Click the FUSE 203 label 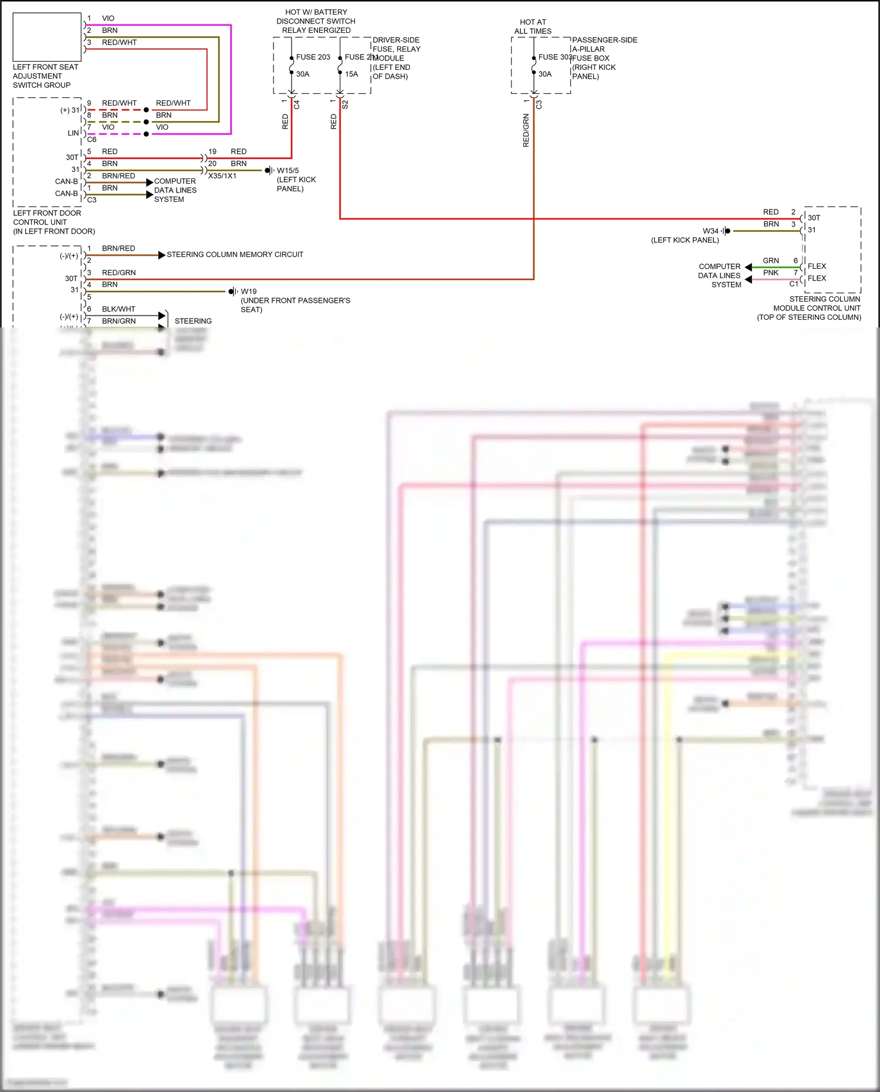pyautogui.click(x=313, y=57)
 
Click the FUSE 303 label pyautogui.click(x=555, y=57)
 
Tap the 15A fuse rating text pyautogui.click(x=351, y=74)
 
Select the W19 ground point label pyautogui.click(x=248, y=291)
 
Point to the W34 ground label pyautogui.click(x=710, y=231)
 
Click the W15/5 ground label pyautogui.click(x=287, y=170)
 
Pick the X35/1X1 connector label pyautogui.click(x=222, y=176)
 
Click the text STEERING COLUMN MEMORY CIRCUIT pyautogui.click(x=235, y=254)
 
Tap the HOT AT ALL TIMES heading pyautogui.click(x=533, y=26)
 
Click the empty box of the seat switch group pyautogui.click(x=47, y=37)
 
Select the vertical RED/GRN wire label pyautogui.click(x=526, y=130)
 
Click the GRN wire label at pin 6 pyautogui.click(x=770, y=261)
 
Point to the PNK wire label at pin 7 pyautogui.click(x=770, y=272)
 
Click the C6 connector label pyautogui.click(x=92, y=140)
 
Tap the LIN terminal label pyautogui.click(x=73, y=133)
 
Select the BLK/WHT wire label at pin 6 pyautogui.click(x=119, y=309)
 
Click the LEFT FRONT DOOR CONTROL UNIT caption pyautogui.click(x=53, y=222)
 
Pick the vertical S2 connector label pyautogui.click(x=345, y=104)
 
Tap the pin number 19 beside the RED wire pyautogui.click(x=212, y=151)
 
